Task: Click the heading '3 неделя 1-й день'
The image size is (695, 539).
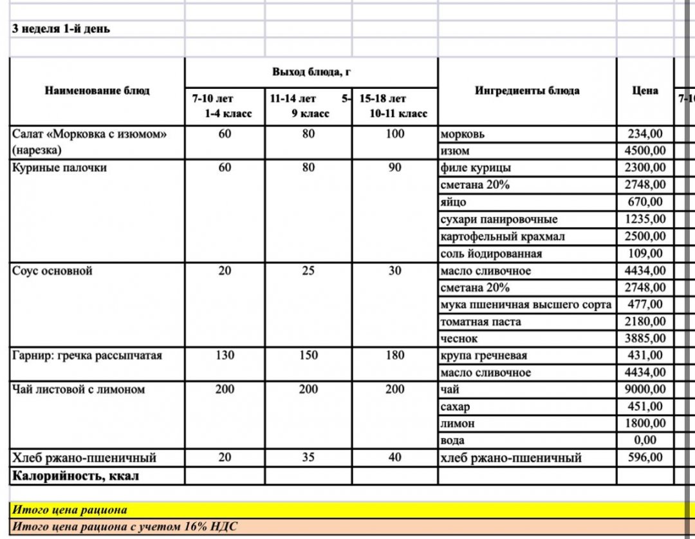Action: (x=61, y=29)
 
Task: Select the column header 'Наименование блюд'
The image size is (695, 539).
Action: (x=97, y=91)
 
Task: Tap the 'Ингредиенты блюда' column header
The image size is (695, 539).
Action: (x=527, y=91)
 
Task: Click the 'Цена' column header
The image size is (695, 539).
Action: (x=645, y=91)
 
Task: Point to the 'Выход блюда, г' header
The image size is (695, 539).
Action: (x=311, y=72)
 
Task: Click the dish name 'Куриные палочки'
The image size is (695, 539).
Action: (x=60, y=168)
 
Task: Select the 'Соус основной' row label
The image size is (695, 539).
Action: (x=52, y=271)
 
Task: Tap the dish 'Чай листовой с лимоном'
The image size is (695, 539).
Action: (x=79, y=390)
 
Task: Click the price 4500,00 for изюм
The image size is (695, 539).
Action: (x=645, y=151)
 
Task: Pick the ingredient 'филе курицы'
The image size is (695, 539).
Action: (x=476, y=168)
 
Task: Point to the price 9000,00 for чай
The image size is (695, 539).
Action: (x=645, y=390)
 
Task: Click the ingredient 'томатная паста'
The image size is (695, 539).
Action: (x=481, y=321)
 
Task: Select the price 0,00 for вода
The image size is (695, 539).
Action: (x=645, y=440)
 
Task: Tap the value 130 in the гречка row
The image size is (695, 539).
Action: (x=224, y=355)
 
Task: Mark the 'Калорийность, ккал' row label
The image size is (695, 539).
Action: (x=76, y=477)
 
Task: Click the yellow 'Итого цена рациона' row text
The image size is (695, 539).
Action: (x=70, y=511)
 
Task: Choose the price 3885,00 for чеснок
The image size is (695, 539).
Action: (x=645, y=338)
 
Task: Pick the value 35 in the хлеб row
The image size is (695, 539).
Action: (x=308, y=458)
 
